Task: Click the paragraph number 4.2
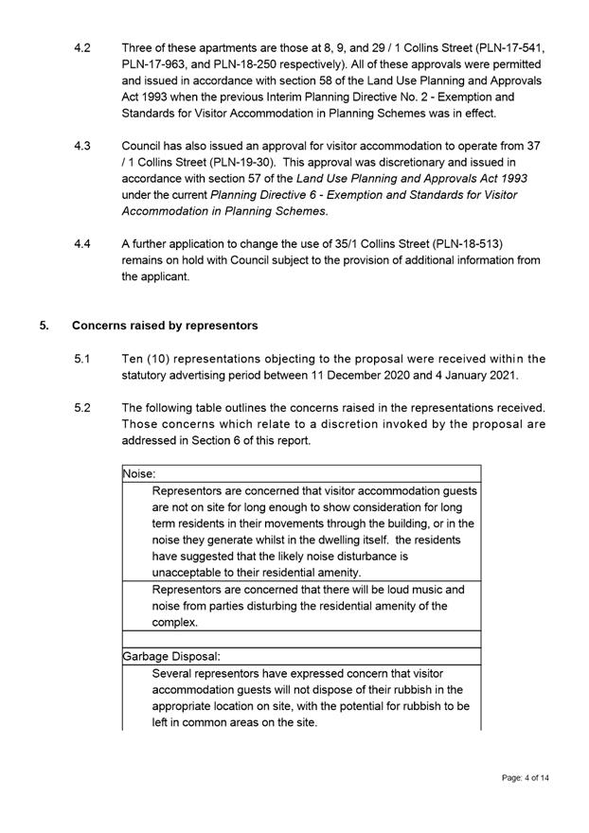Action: click(81, 46)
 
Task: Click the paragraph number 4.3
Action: click(81, 146)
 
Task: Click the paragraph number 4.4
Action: click(81, 244)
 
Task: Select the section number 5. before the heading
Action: click(45, 326)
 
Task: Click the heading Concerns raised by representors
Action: click(165, 326)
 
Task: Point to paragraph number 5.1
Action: click(81, 359)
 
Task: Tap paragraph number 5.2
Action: click(81, 408)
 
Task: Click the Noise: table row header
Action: click(139, 473)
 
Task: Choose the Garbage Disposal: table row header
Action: click(171, 655)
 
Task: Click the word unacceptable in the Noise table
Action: click(189, 573)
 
